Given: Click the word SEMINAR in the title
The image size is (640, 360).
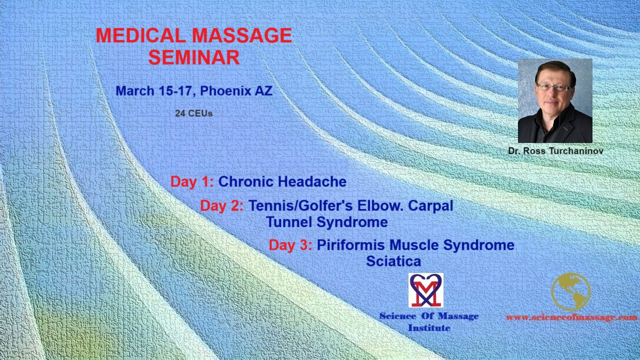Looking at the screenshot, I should [x=193, y=57].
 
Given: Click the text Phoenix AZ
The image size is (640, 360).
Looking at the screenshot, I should [x=236, y=91].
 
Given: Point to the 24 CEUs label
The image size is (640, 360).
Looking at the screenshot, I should [x=193, y=113].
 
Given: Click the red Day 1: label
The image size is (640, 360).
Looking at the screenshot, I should [x=192, y=181].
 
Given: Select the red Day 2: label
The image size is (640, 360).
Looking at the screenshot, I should [x=221, y=205].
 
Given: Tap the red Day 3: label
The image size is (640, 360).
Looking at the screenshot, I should [x=290, y=245].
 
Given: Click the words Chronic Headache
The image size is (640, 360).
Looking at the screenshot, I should [x=282, y=181].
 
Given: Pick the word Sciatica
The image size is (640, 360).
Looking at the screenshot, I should [x=393, y=261].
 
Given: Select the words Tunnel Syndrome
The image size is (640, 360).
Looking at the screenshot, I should [x=326, y=221].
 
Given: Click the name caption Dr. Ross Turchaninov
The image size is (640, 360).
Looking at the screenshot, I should [x=555, y=150].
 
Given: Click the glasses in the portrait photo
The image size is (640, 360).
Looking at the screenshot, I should [x=553, y=87].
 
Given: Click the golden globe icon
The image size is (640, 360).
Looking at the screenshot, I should [x=570, y=291].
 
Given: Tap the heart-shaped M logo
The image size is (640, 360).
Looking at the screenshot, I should [x=425, y=290].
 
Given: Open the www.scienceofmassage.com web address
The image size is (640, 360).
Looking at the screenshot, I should [x=571, y=317].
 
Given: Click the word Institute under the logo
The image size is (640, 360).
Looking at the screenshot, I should [x=428, y=328].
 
